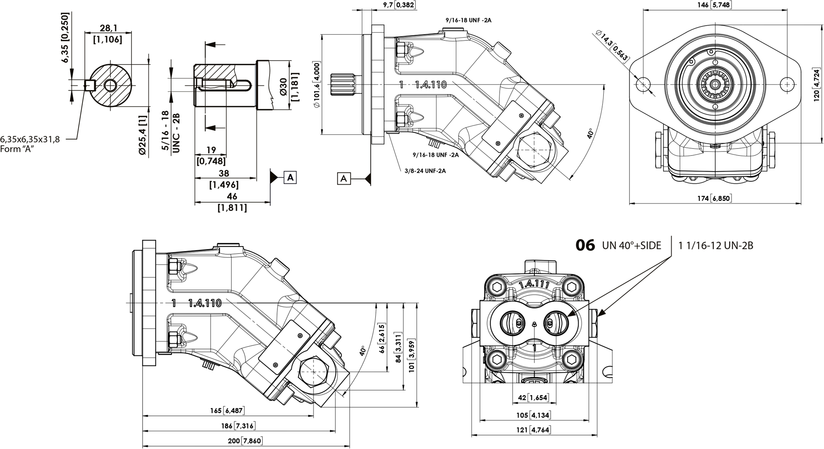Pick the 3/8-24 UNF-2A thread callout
coord(425,171)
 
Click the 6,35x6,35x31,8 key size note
coord(30,139)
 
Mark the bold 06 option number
coord(585,245)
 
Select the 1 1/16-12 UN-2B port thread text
coord(716,246)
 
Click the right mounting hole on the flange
coord(786,84)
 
